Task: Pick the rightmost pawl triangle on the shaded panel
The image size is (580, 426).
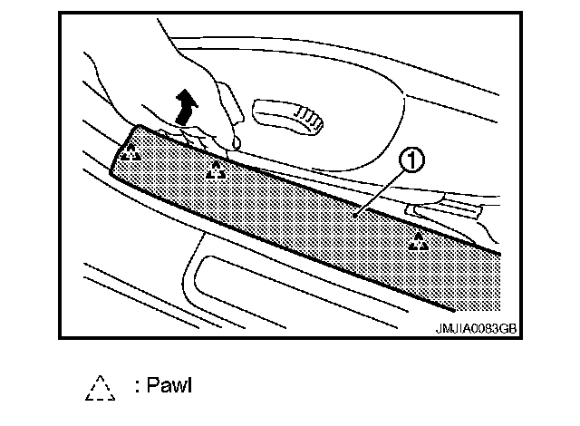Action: point(418,241)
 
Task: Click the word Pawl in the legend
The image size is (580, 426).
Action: point(170,387)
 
